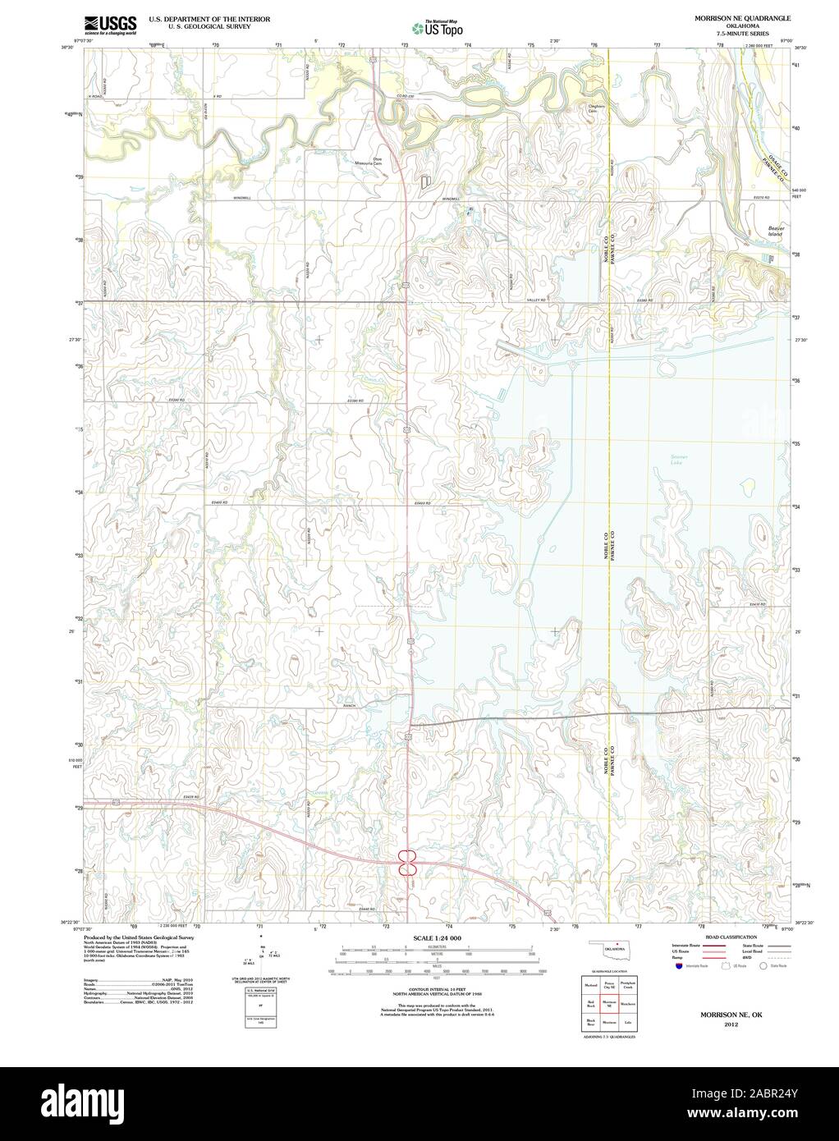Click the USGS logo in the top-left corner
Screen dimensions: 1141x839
[x=109, y=25]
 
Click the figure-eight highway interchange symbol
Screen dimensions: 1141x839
[x=408, y=861]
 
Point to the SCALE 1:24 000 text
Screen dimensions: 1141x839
[x=437, y=937]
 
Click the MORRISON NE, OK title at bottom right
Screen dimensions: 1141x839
[x=730, y=1015]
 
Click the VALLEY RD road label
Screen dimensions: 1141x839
[x=536, y=301]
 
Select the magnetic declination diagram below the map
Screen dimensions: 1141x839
[x=260, y=955]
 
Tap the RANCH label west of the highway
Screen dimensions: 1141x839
[x=348, y=706]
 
